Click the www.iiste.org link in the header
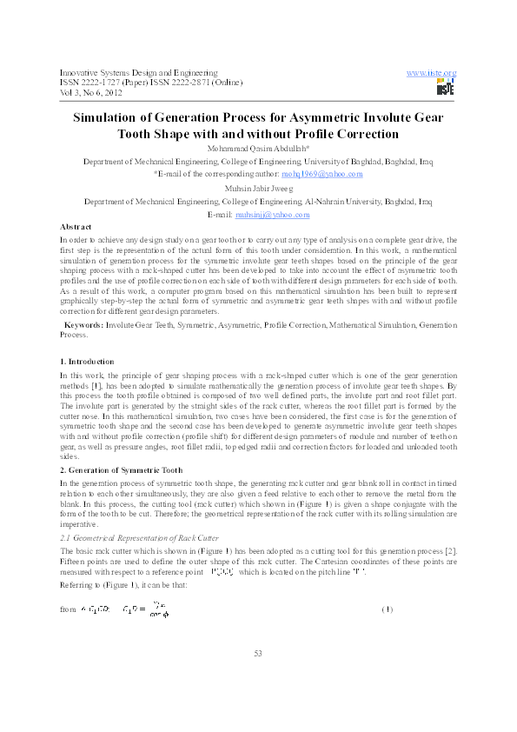point(431,72)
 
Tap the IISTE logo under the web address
point(445,87)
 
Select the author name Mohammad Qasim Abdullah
point(258,149)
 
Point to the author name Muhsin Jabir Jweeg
point(258,187)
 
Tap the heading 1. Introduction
point(86,361)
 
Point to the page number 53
point(258,677)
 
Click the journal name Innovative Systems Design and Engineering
point(138,72)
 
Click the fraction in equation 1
point(158,609)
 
